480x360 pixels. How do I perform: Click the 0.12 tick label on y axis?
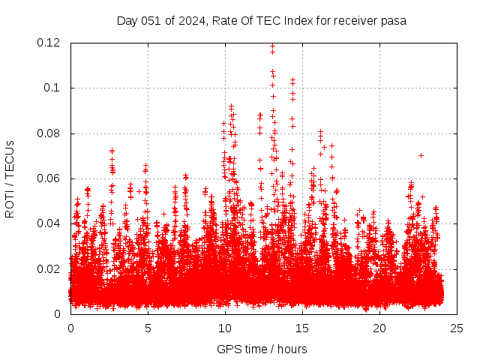tap(50, 43)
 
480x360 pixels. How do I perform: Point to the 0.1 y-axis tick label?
tap(53, 88)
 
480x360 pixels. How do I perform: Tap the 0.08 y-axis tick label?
tap(50, 133)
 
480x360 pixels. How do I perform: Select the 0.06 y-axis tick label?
tap(50, 178)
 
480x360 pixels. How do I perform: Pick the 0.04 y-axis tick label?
tap(50, 223)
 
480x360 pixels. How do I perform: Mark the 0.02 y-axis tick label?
tap(50, 268)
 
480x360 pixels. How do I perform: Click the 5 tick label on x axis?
tap(148, 328)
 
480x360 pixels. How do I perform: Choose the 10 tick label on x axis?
tap(225, 328)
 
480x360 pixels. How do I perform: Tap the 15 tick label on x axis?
tap(302, 328)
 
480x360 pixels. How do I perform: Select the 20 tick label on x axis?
tap(379, 328)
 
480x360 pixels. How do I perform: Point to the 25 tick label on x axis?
tap(457, 328)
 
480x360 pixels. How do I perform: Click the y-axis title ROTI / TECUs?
tap(10, 178)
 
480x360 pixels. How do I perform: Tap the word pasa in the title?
tap(394, 20)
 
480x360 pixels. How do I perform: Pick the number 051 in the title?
tap(151, 20)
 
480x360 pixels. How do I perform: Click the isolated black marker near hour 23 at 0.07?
tap(421, 155)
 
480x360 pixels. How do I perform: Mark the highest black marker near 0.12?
tap(272, 46)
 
